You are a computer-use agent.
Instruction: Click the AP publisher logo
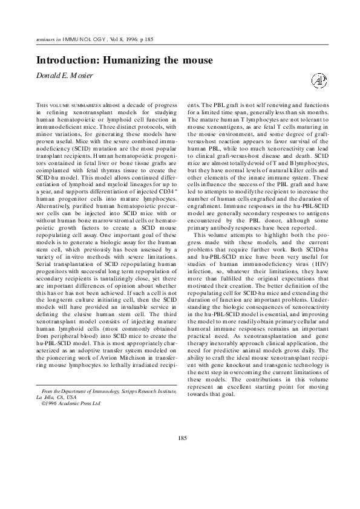318,79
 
